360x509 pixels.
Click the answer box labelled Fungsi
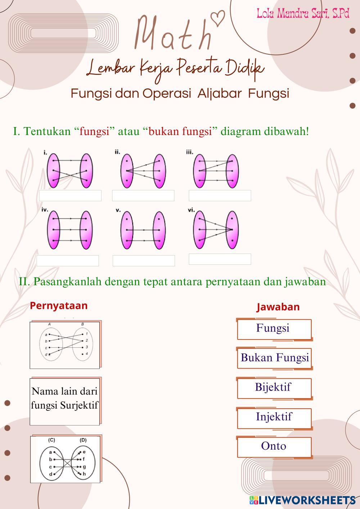[274, 329]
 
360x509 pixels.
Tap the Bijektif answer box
[274, 388]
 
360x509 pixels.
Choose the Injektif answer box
[274, 417]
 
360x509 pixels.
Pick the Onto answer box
[274, 446]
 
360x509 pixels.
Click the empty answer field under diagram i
[70, 195]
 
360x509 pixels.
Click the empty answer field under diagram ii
[143, 195]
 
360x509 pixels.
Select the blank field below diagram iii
[220, 195]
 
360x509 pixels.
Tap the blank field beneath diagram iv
[68, 261]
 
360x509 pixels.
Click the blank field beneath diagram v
[144, 261]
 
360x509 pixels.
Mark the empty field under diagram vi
[220, 259]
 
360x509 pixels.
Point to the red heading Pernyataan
[59, 306]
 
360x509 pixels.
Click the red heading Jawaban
[278, 307]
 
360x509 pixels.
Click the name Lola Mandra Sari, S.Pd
[303, 14]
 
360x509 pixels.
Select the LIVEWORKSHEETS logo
[302, 500]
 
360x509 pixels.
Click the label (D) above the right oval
[83, 440]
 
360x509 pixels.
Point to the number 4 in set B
[86, 354]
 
